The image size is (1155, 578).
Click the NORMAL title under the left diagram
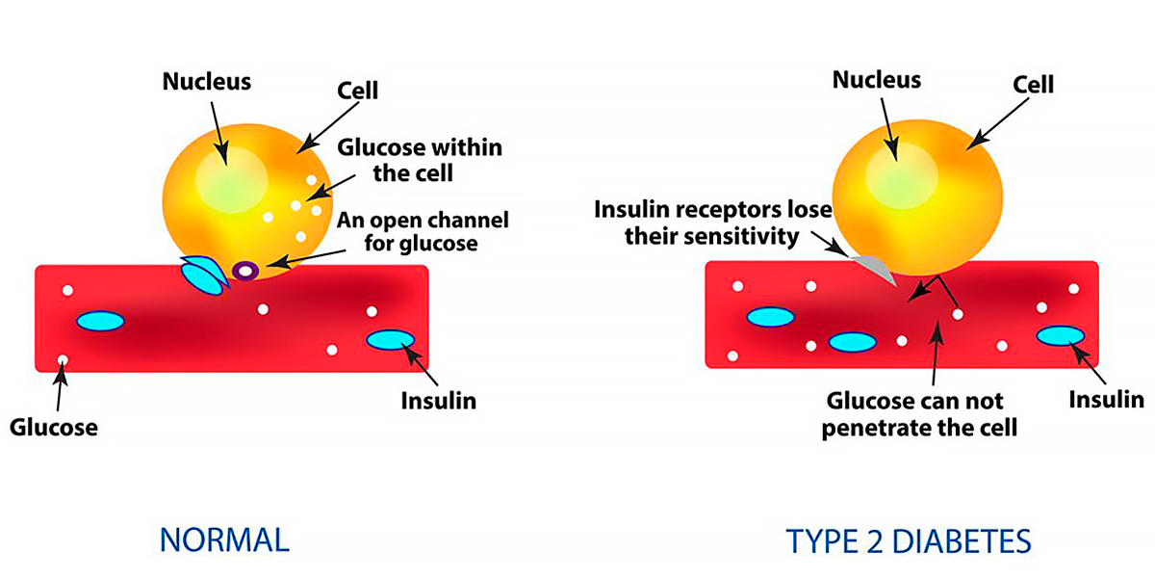[223, 539]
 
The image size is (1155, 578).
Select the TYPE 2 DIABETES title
[910, 540]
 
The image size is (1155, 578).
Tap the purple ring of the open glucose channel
[246, 272]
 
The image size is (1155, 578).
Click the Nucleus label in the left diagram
[206, 82]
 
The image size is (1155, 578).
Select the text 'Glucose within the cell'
[420, 161]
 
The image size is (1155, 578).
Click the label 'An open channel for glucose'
[421, 230]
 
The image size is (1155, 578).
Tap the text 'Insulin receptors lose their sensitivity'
[712, 222]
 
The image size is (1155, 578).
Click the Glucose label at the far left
[54, 426]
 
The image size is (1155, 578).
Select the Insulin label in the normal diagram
[438, 400]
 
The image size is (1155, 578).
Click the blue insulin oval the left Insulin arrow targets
[391, 340]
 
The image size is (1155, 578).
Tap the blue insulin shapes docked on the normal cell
[204, 276]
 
